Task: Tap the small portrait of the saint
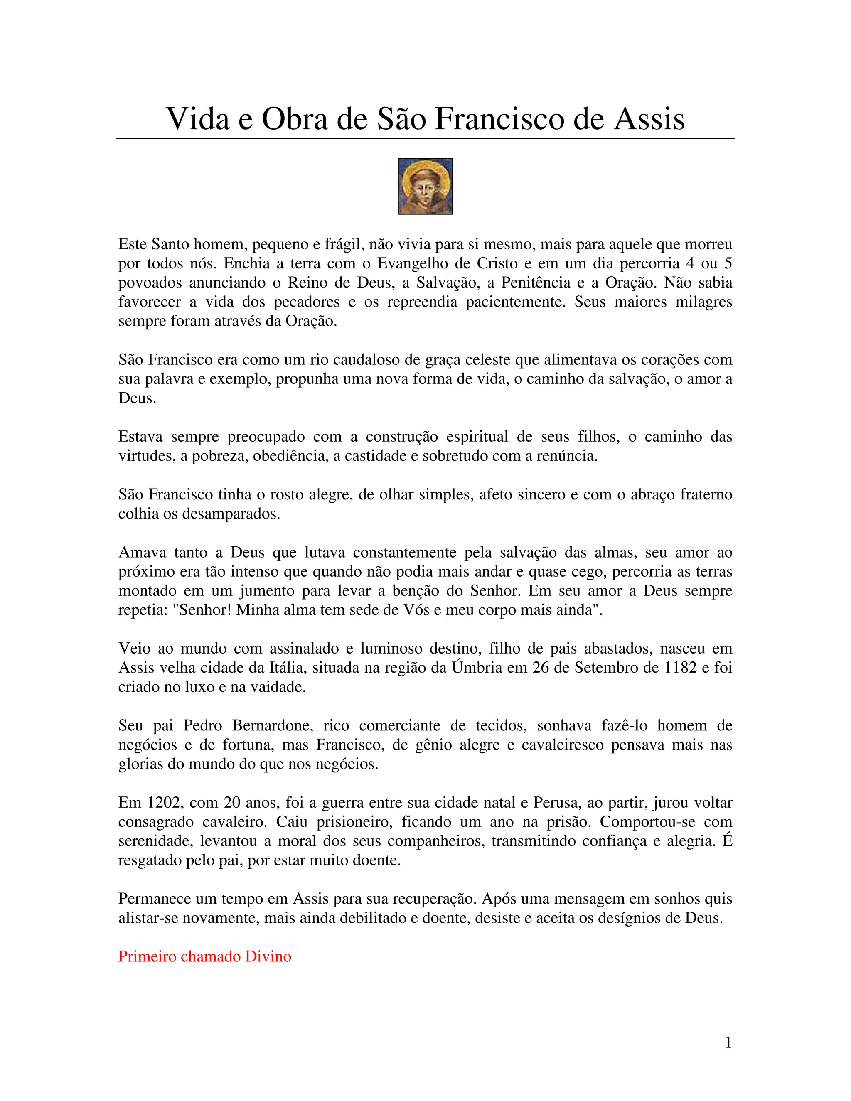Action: pyautogui.click(x=425, y=186)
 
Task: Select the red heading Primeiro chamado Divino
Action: pyautogui.click(x=205, y=956)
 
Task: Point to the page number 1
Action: pyautogui.click(x=728, y=1042)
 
